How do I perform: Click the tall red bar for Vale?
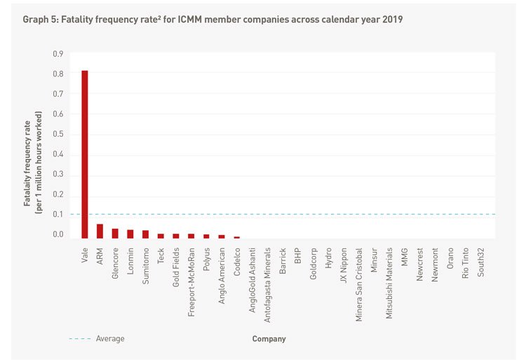pos(85,154)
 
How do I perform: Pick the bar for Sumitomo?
pos(145,234)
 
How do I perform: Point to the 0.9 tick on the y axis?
pos(58,53)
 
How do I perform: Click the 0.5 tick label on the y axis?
pos(58,134)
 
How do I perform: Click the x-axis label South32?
pos(480,261)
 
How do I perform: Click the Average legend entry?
pos(109,339)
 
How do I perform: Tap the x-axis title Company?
pos(269,339)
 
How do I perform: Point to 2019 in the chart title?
pos(392,20)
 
